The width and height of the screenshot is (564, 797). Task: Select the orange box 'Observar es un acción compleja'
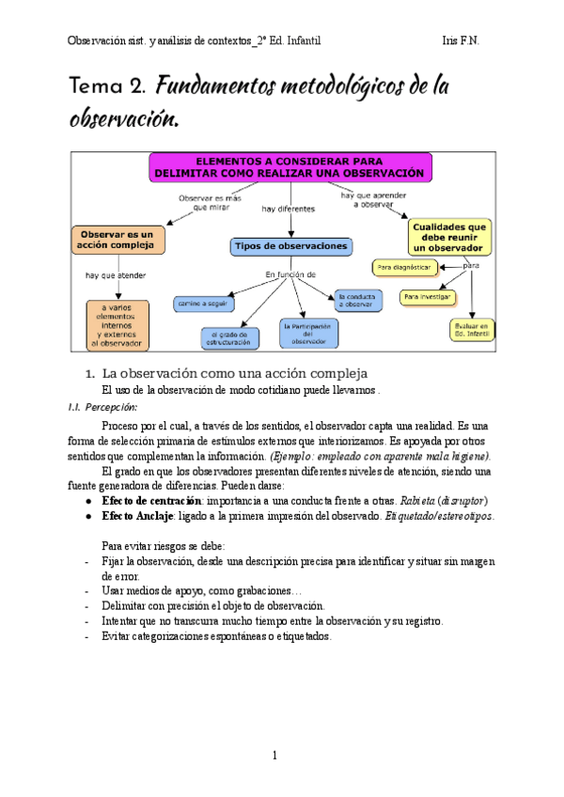[x=117, y=240]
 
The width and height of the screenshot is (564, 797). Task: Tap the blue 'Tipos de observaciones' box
[x=291, y=246]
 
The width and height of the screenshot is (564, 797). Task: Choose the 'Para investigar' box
[x=427, y=297]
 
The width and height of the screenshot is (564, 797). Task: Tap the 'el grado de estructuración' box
[x=229, y=338]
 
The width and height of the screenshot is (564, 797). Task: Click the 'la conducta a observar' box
[x=359, y=299]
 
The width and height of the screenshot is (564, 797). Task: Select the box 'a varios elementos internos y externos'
[x=117, y=324]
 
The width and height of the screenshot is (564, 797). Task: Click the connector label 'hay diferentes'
[x=289, y=209]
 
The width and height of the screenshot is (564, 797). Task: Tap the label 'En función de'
[x=290, y=274]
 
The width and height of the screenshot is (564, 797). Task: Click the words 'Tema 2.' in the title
[x=107, y=87]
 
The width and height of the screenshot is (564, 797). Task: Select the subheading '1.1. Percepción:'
[x=105, y=407]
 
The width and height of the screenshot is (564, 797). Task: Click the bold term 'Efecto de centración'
[x=149, y=500]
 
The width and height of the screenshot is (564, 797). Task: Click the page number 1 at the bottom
[x=275, y=757]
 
